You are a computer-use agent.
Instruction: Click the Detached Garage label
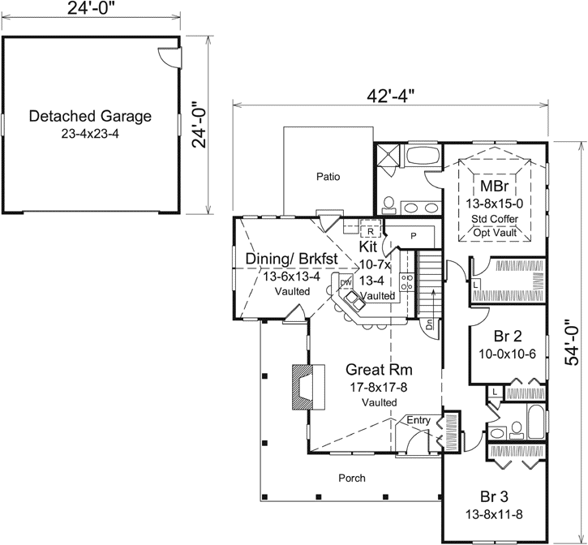90,116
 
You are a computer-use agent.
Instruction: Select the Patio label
328,176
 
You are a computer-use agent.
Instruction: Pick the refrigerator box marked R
370,230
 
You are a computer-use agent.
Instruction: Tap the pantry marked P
413,235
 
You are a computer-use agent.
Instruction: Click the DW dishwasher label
345,281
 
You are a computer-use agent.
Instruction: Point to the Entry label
418,419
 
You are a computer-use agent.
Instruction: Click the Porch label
351,478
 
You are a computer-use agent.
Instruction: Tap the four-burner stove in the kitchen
409,284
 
